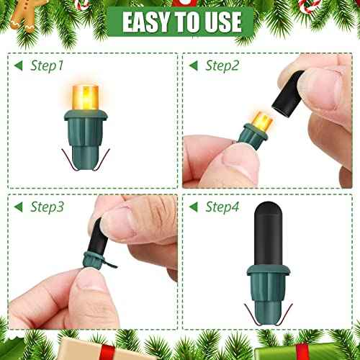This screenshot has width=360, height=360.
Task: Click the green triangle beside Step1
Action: tap(20, 66)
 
